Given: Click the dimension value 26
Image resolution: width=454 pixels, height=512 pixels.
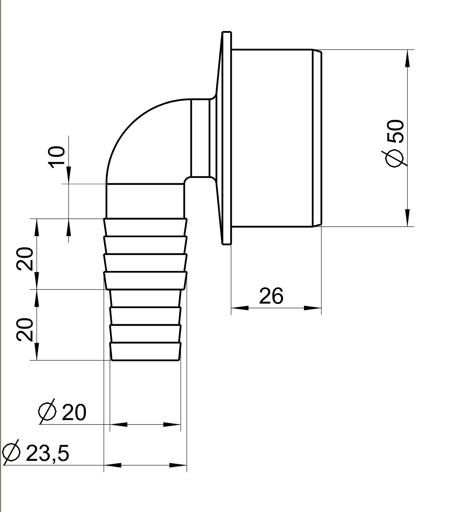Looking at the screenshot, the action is point(271,296).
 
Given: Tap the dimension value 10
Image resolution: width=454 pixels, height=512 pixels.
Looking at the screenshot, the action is point(57,157).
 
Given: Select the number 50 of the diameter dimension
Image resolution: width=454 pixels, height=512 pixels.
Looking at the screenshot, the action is point(395,131).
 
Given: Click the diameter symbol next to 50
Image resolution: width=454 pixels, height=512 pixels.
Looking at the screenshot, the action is point(395,158).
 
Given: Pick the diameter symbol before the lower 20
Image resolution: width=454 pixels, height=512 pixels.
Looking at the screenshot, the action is point(47,411).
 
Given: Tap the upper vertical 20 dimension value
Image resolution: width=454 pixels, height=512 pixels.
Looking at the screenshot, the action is point(25,259).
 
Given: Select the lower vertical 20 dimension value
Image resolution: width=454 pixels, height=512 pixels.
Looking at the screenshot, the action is point(25,330).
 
